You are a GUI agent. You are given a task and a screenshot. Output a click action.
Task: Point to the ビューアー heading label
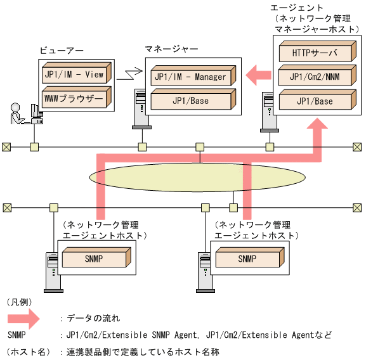62,50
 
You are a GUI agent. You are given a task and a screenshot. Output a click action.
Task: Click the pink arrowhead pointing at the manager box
254,75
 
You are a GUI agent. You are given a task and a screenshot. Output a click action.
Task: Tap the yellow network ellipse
171,176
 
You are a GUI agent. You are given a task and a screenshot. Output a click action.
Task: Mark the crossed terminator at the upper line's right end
356,147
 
